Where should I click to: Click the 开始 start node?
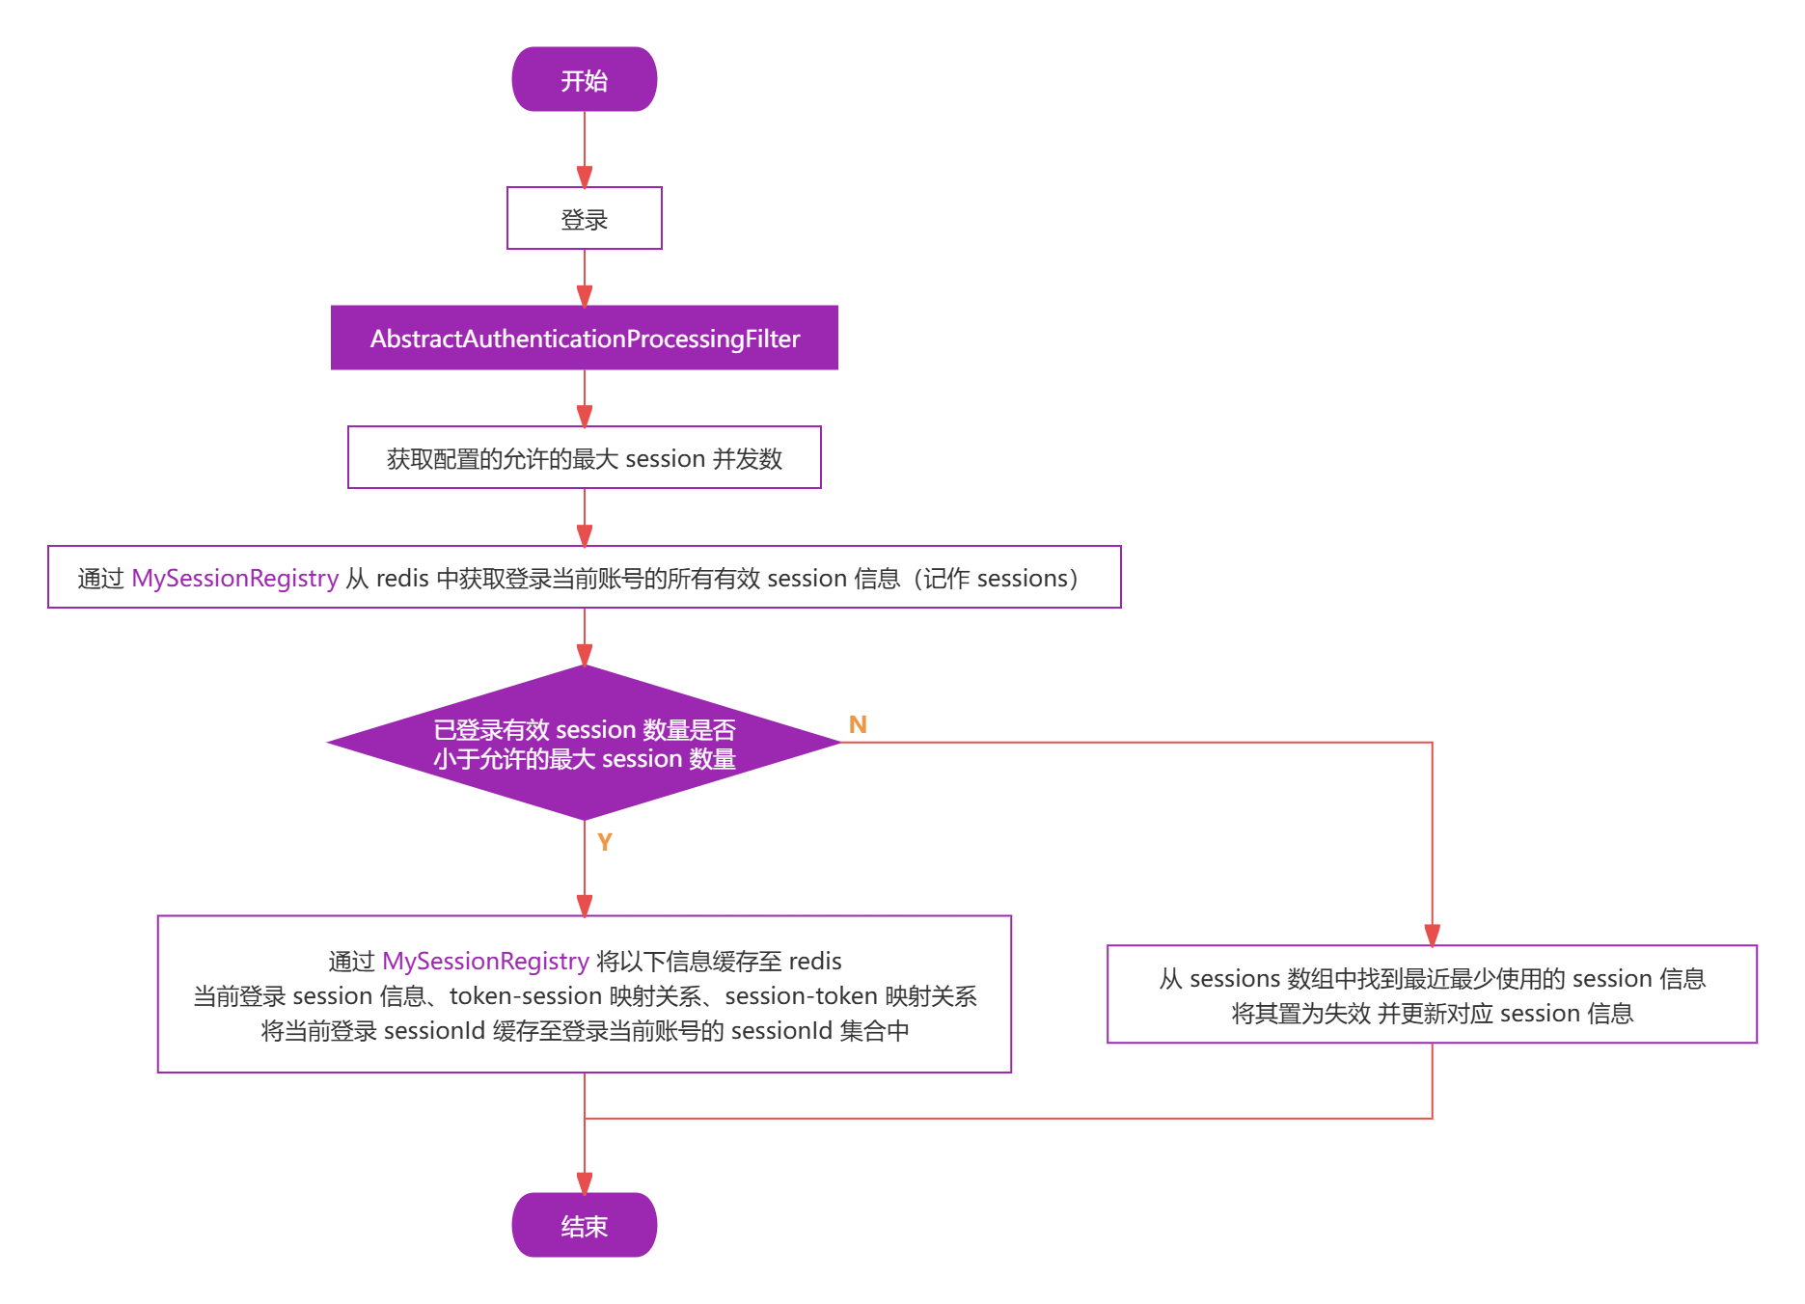coord(584,80)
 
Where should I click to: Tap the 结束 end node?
coord(584,1226)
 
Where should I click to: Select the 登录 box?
coord(584,219)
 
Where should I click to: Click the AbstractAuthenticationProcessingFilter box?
coord(584,339)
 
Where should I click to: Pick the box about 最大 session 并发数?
coord(584,458)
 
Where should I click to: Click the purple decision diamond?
coord(584,744)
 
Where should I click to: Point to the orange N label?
coord(858,724)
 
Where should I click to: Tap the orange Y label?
coord(605,842)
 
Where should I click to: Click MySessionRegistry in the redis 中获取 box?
coord(234,578)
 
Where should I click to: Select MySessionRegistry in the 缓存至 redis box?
coord(485,961)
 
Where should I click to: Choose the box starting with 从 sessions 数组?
coord(1432,994)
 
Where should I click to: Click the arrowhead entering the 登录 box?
coord(585,177)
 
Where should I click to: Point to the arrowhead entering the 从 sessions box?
coord(1432,935)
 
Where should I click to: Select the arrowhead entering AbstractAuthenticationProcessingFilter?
coord(585,295)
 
